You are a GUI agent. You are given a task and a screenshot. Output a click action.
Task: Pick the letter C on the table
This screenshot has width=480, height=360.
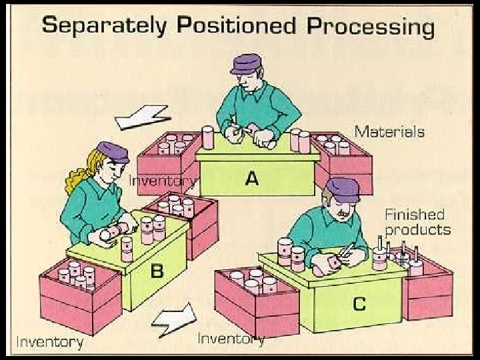point(359,304)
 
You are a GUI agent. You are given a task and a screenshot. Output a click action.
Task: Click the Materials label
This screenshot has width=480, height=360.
point(389,131)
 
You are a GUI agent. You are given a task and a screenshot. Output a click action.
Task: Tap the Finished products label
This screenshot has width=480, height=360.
point(418,222)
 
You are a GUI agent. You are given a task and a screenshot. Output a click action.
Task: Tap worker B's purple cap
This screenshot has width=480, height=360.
point(113,151)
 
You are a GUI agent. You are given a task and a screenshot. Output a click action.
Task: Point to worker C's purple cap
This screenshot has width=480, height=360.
point(343,189)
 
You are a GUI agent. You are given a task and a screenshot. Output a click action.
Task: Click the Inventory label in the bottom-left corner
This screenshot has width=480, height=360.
point(49,342)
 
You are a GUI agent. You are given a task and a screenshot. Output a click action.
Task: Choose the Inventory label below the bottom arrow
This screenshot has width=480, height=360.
point(231,339)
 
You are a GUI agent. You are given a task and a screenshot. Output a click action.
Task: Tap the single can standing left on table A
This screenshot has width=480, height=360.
point(208,138)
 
